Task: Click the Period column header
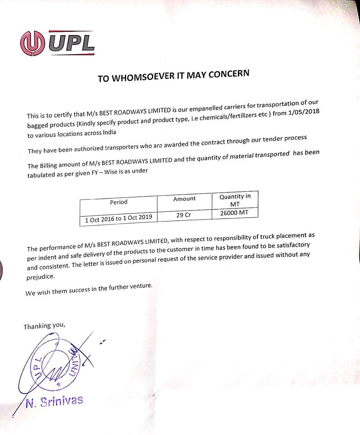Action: point(119,202)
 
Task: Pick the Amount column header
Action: point(184,199)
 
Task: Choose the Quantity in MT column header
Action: point(235,200)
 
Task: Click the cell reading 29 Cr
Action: point(184,215)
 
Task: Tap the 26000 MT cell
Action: point(234,213)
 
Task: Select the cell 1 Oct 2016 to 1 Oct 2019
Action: point(119,218)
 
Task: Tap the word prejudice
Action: point(41,276)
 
